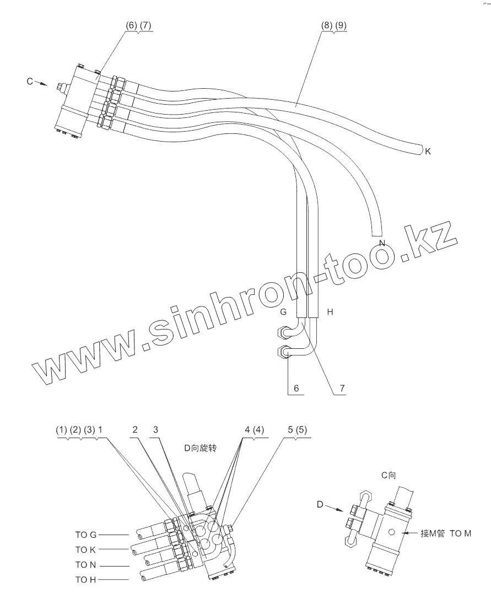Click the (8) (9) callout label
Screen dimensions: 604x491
pos(334,26)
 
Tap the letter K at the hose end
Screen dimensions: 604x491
pos(428,151)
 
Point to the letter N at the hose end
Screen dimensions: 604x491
pos(381,243)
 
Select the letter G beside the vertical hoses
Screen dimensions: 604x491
pos(283,312)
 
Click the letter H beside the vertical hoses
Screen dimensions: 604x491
pos(330,312)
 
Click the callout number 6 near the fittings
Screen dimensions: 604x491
pos(296,388)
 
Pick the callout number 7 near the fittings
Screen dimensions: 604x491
pos(342,388)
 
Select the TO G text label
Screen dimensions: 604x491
pos(86,534)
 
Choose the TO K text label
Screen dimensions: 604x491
pos(86,549)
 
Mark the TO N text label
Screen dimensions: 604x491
pos(86,565)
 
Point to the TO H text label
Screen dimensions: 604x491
pos(86,580)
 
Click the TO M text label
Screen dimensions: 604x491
pos(461,533)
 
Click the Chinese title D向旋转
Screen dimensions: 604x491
pos(201,448)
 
